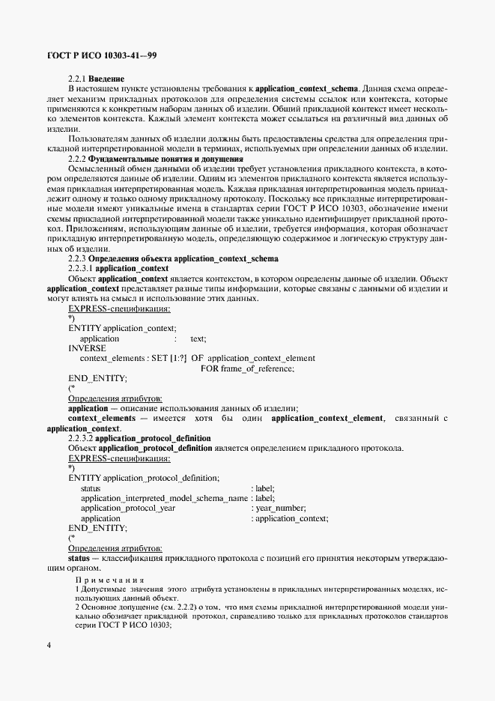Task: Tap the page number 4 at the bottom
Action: (x=49, y=646)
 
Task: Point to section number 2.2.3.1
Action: (x=81, y=268)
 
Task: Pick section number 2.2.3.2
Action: (x=81, y=438)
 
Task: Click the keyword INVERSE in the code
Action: (x=87, y=348)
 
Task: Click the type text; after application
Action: (x=198, y=339)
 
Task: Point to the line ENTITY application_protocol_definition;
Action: (x=144, y=477)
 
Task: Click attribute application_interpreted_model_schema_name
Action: (x=164, y=498)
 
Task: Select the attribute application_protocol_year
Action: (x=128, y=508)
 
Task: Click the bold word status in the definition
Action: (x=79, y=558)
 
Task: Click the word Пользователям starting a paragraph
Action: (x=97, y=139)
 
